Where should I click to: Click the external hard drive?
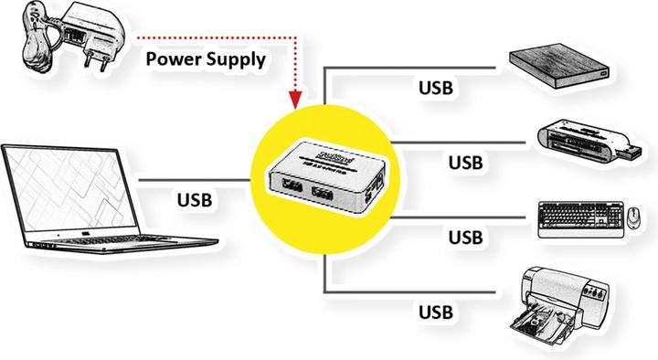click(x=557, y=68)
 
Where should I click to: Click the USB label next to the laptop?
click(x=196, y=198)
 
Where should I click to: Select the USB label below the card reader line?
click(x=466, y=163)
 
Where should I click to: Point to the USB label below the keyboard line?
click(x=466, y=238)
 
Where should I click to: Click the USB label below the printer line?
click(x=436, y=312)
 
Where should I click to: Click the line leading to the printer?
click(x=411, y=292)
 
